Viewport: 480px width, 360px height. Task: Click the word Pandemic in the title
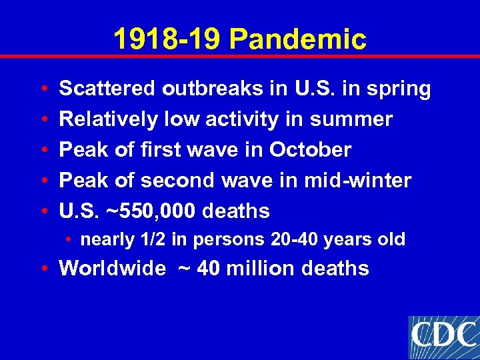297,39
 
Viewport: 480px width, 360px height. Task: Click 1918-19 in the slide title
167,39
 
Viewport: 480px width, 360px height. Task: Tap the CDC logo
443,335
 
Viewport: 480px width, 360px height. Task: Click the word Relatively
107,119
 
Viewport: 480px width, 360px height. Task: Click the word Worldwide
112,268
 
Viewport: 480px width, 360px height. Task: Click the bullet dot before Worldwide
43,269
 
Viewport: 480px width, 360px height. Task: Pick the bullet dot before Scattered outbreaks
43,89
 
